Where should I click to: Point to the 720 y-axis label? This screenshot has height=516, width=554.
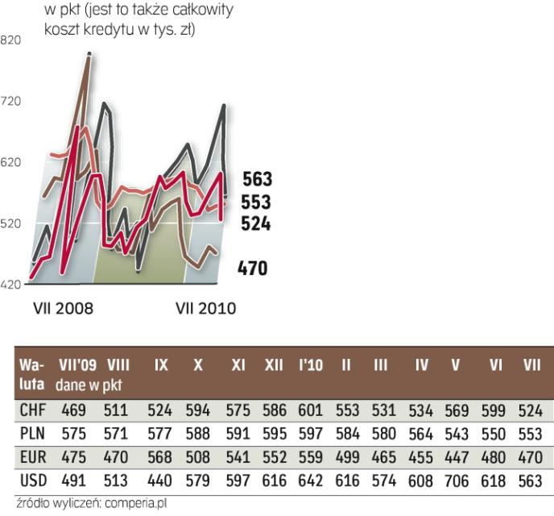click(x=12, y=102)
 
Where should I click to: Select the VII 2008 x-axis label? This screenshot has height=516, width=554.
click(x=63, y=309)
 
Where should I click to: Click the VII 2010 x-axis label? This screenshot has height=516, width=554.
click(x=205, y=309)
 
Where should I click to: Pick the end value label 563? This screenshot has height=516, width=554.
click(x=257, y=179)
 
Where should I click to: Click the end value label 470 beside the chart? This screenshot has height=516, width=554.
click(x=252, y=268)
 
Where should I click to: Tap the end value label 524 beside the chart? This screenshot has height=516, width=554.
click(x=257, y=224)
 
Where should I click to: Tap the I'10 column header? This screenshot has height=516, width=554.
click(x=309, y=365)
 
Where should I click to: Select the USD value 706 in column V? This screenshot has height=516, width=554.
click(x=458, y=481)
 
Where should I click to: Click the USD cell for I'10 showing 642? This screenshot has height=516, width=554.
click(x=309, y=481)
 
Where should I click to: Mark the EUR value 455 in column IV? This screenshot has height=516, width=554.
click(x=422, y=457)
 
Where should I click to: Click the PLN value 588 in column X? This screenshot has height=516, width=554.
click(x=198, y=433)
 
